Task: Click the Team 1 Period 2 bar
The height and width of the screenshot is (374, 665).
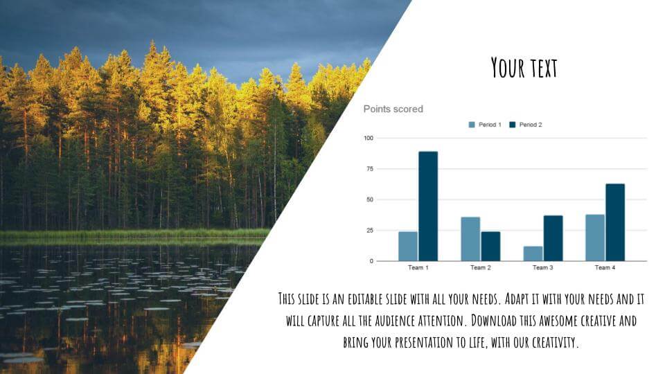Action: (428, 206)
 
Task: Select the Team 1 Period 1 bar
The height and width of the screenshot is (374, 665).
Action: (408, 246)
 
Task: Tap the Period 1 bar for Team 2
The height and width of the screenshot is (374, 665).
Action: (470, 239)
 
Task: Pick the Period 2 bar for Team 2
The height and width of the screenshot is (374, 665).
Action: (490, 246)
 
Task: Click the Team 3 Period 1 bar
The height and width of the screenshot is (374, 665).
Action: (533, 253)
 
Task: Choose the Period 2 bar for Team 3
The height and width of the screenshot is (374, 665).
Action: (553, 238)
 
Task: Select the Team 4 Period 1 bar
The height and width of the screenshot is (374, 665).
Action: (595, 238)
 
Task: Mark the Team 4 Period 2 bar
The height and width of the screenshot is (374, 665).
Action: (615, 222)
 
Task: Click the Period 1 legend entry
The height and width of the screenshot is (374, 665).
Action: (485, 125)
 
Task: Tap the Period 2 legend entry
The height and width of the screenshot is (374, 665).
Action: (526, 125)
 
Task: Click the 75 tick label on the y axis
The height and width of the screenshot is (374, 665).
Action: (369, 169)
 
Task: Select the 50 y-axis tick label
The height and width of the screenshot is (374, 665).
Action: (369, 199)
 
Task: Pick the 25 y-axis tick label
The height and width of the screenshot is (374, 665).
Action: (369, 231)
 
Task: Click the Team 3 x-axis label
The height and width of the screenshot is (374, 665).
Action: (542, 267)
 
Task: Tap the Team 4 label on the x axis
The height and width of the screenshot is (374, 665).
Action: (605, 267)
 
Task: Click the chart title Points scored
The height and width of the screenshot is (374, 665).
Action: (393, 109)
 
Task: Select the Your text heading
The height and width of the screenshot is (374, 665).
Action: (524, 68)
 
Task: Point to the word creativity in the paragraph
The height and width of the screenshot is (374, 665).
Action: (550, 342)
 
